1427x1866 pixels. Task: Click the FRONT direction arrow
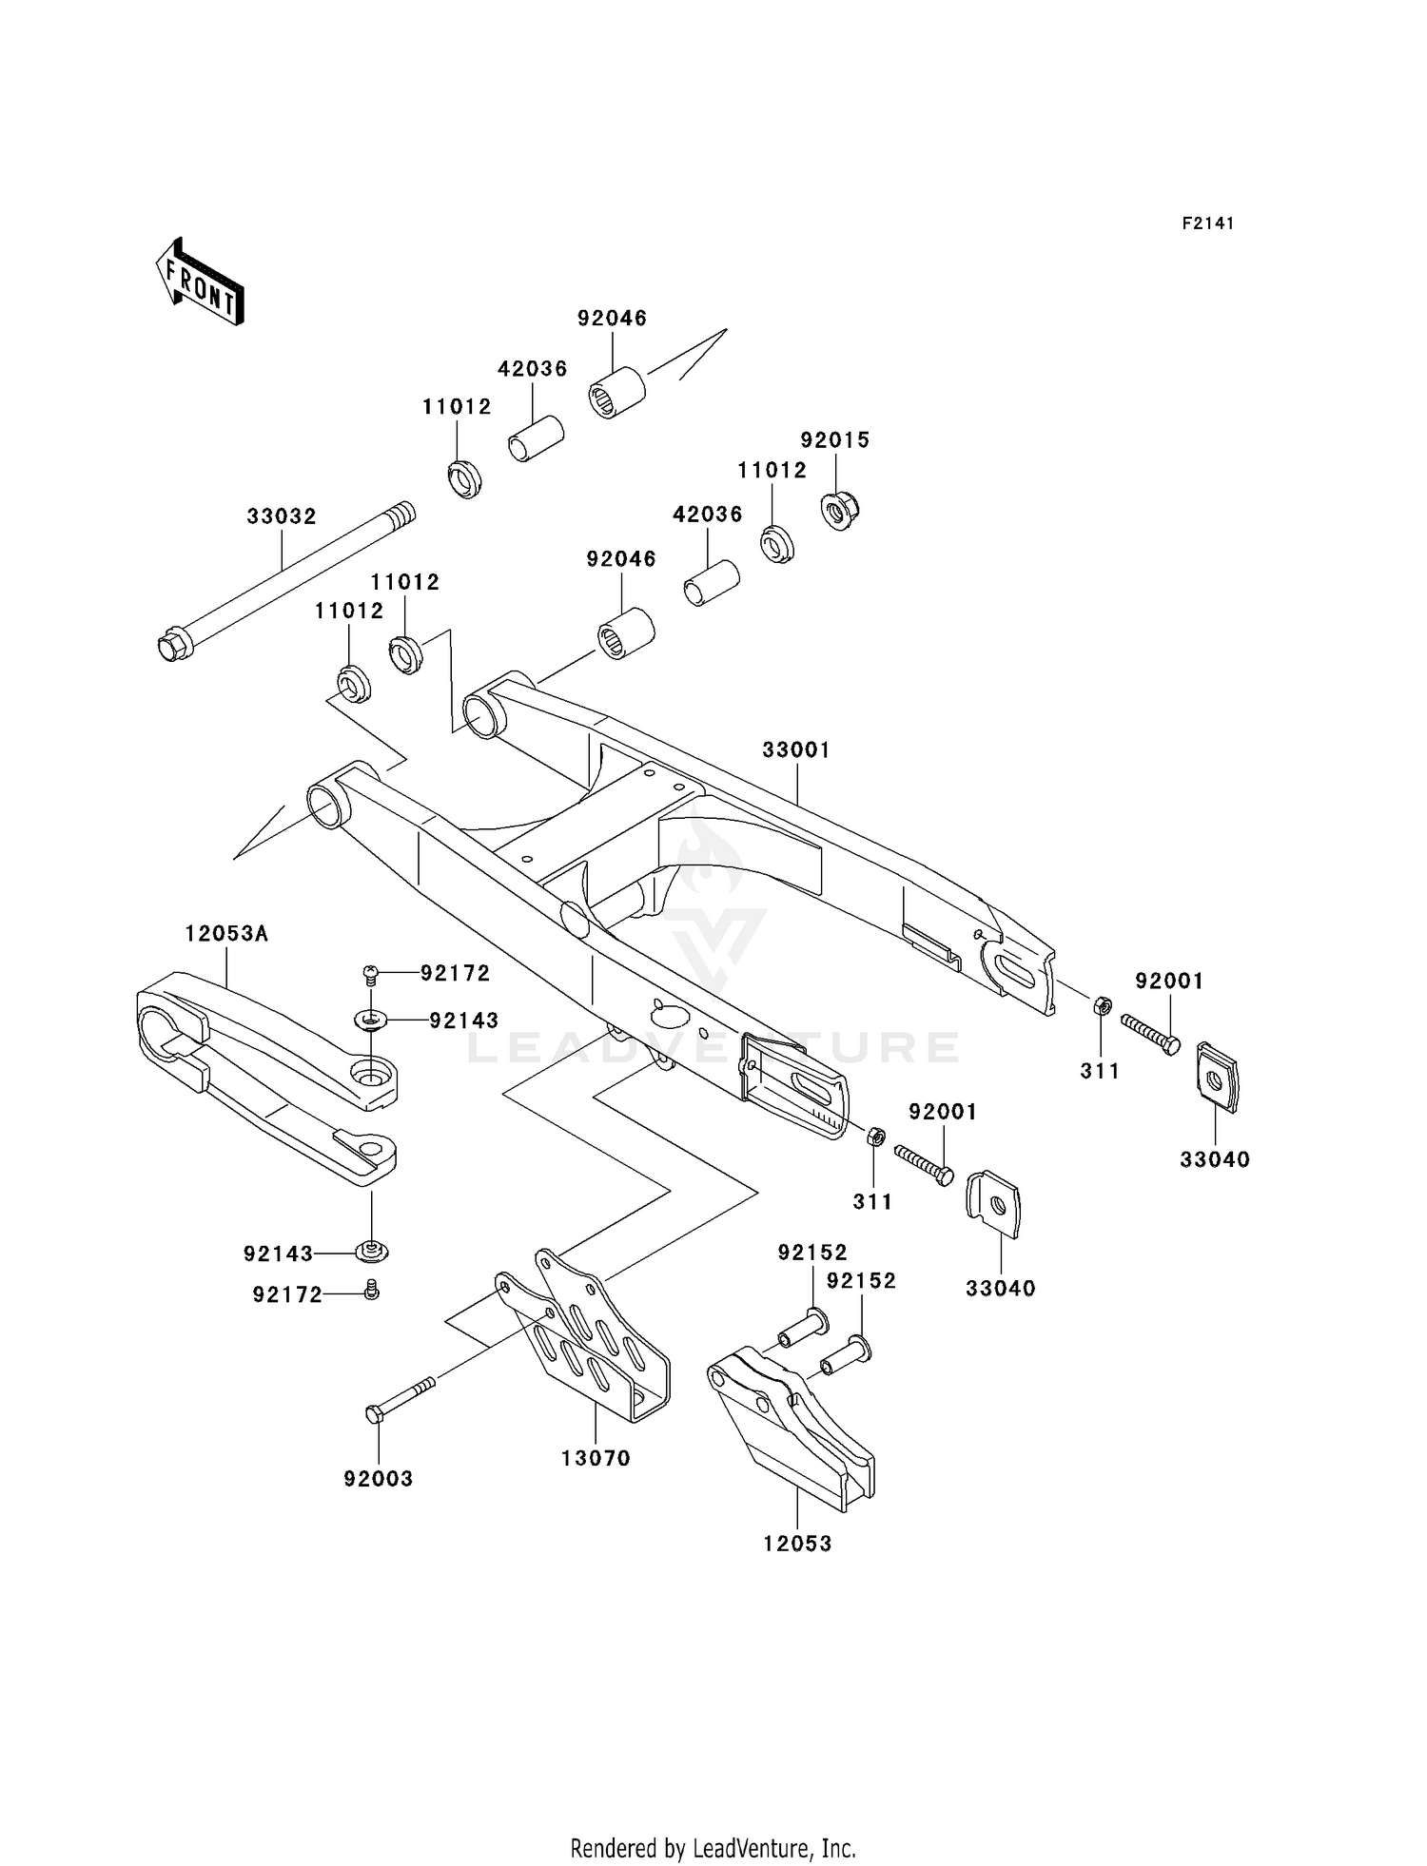pos(201,283)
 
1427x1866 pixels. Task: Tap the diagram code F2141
pos(1208,224)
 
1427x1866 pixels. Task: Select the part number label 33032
pos(282,516)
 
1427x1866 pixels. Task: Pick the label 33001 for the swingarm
pos(796,750)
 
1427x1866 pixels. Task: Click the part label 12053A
pos(226,934)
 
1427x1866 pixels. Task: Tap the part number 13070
pos(596,1458)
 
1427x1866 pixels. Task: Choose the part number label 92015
pos(835,440)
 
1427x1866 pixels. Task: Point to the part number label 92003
pos(379,1479)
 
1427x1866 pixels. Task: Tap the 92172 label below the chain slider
pos(287,1294)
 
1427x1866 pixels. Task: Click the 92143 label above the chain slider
pos(463,1020)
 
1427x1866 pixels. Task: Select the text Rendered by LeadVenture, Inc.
pos(713,1848)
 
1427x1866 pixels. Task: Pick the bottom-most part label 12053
pos(797,1544)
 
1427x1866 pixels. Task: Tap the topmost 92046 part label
pos(612,319)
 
